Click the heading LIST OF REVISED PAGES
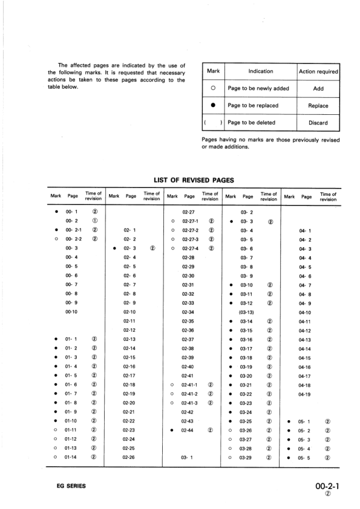[194, 180]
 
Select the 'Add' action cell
[318, 88]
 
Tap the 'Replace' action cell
[318, 105]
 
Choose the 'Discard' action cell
[318, 123]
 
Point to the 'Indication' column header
[261, 71]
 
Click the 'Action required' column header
[318, 71]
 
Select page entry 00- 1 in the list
[72, 212]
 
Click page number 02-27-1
[191, 221]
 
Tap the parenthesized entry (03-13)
[247, 312]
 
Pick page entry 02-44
[188, 430]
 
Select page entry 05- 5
[305, 458]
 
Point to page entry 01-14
[71, 458]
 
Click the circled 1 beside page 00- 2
[95, 221]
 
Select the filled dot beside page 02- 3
[114, 248]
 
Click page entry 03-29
[246, 458]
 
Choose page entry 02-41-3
[191, 403]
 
